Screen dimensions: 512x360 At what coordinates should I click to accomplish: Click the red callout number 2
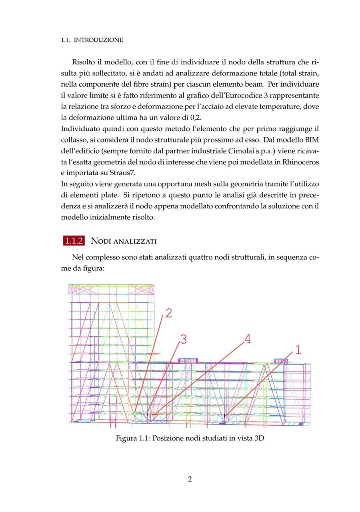pyautogui.click(x=169, y=313)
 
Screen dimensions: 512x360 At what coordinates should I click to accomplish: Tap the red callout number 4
pyautogui.click(x=248, y=339)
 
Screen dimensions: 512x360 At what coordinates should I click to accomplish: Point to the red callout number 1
pyautogui.click(x=298, y=350)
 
